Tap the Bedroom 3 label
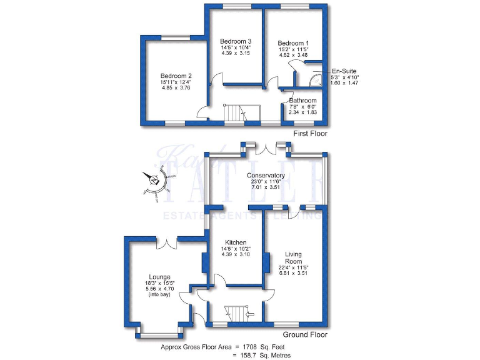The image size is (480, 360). tap(235, 41)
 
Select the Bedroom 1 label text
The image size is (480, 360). tap(292, 43)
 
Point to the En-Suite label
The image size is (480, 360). tap(344, 71)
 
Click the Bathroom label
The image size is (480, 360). tap(302, 100)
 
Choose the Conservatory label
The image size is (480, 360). tap(266, 176)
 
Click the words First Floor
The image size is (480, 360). tap(310, 134)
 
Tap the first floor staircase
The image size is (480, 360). tap(232, 113)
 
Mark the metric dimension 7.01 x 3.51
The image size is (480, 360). tap(266, 187)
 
